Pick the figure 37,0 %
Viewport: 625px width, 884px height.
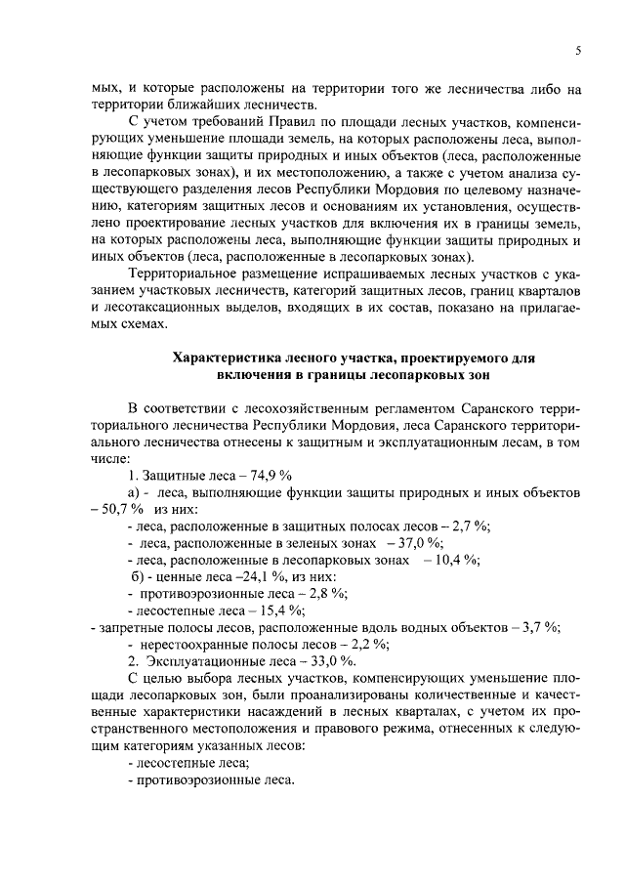[420, 542]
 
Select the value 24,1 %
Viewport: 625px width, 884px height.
[249, 575]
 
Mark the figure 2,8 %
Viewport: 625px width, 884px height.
[325, 592]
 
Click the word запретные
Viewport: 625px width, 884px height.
[124, 626]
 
